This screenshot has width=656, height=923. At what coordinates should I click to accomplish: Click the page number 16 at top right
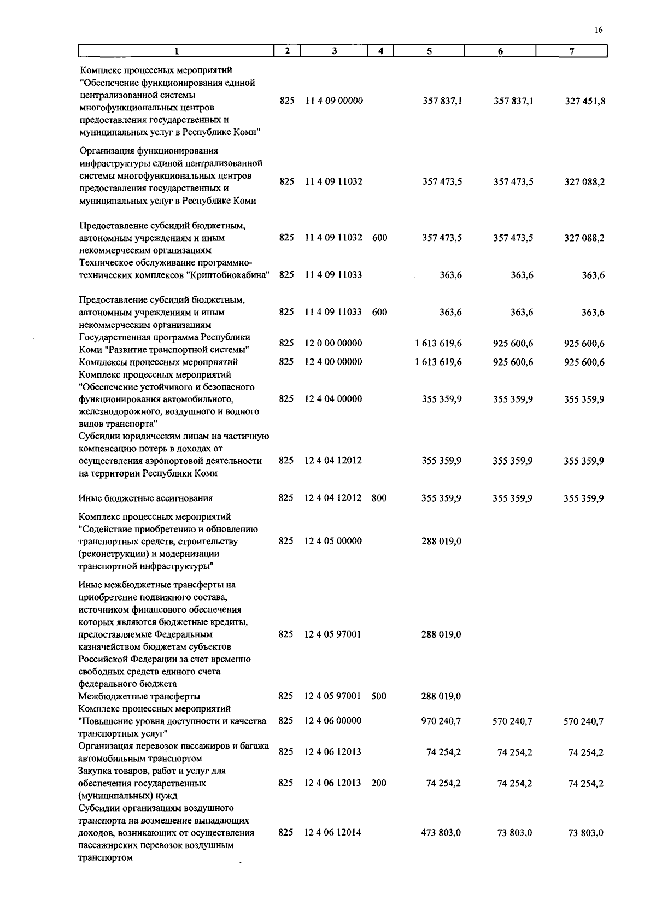[598, 30]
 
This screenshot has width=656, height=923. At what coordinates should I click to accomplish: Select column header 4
[380, 51]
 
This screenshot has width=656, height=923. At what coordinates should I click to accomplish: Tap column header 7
[571, 51]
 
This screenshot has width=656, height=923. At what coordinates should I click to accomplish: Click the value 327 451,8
[584, 101]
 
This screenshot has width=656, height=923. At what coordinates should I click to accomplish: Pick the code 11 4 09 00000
[334, 101]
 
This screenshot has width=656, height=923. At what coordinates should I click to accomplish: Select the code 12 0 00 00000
[333, 343]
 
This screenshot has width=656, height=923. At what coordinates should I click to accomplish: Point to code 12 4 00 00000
[333, 362]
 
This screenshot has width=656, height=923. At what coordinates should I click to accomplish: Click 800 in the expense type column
[379, 498]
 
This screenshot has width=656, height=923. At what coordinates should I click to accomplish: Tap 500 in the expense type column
[379, 696]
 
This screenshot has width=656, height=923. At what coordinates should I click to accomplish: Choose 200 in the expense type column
[378, 783]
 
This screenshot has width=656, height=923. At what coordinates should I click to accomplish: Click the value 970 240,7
[441, 721]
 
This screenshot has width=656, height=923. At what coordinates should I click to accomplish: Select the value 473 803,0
[441, 833]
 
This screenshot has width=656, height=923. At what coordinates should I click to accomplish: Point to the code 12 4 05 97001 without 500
[333, 634]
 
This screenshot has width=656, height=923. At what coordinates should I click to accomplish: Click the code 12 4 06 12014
[333, 833]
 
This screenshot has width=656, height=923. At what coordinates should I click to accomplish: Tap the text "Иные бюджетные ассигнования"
[145, 498]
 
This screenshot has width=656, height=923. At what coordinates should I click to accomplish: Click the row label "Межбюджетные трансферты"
[139, 696]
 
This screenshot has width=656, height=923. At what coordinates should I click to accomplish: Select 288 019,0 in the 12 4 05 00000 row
[441, 541]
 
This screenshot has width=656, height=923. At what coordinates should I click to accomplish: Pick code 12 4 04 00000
[333, 399]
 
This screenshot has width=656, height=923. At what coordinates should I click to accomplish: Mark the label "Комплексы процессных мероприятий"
[158, 362]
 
